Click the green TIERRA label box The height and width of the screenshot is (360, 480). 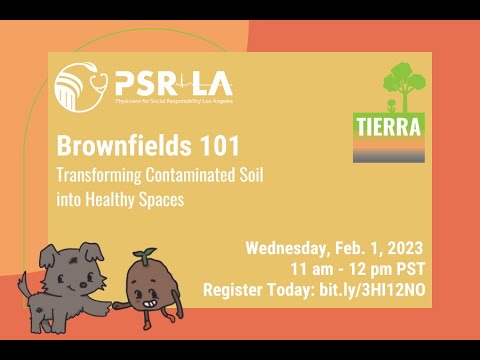click(x=388, y=126)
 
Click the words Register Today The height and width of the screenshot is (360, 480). click(x=258, y=290)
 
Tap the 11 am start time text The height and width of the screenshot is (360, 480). click(x=309, y=270)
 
